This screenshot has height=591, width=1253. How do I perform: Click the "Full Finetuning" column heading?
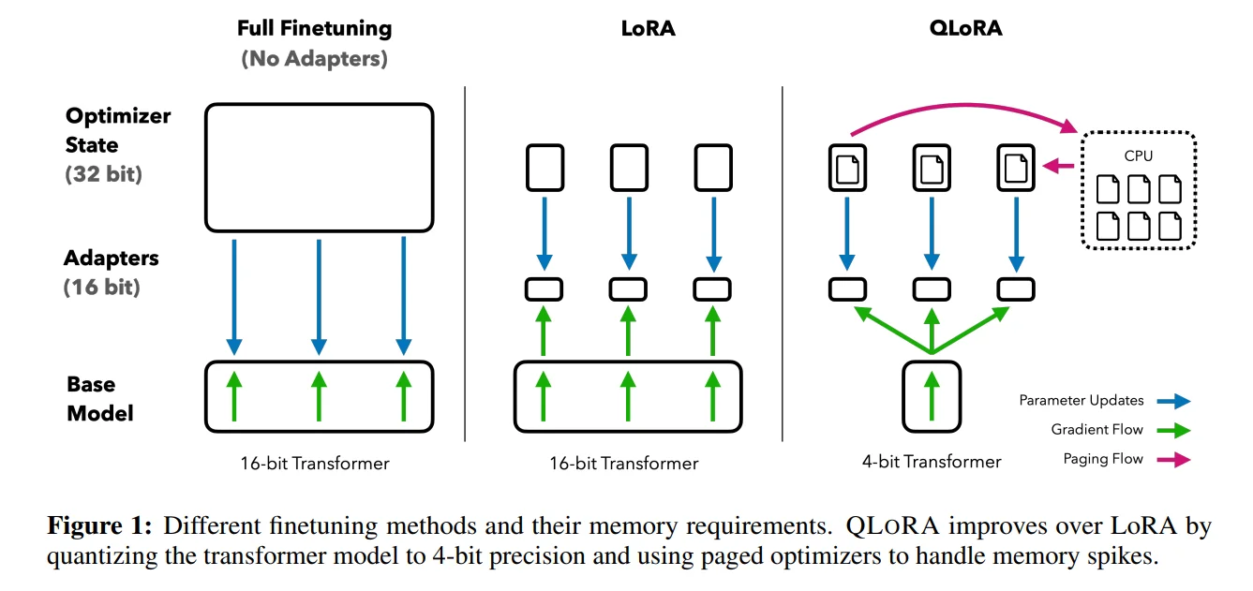click(x=314, y=28)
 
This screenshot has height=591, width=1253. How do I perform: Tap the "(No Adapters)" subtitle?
click(x=314, y=58)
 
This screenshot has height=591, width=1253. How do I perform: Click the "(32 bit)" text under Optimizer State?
click(x=103, y=174)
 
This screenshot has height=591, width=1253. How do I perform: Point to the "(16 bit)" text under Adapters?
click(x=101, y=287)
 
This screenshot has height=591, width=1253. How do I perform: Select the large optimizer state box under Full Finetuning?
click(x=319, y=167)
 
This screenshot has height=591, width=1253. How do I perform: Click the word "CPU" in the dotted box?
click(x=1139, y=156)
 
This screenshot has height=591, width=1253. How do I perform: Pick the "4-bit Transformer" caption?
click(x=932, y=461)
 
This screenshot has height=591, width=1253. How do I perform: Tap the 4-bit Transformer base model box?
click(x=932, y=396)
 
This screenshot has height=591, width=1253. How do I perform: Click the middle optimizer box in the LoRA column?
click(x=629, y=168)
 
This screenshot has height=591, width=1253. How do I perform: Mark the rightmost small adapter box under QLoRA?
click(x=1016, y=288)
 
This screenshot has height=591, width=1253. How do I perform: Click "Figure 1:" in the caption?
click(x=97, y=526)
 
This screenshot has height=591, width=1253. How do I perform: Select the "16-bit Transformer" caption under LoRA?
click(x=623, y=463)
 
